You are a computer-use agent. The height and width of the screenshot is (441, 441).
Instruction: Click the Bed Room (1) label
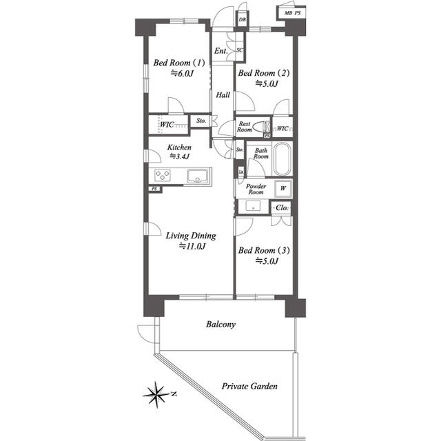pyautogui.click(x=179, y=63)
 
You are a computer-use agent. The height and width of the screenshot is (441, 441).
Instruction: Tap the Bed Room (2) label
pyautogui.click(x=263, y=73)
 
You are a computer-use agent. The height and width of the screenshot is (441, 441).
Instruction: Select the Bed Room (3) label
pyautogui.click(x=264, y=250)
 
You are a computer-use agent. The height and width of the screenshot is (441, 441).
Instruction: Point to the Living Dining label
pyautogui.click(x=191, y=236)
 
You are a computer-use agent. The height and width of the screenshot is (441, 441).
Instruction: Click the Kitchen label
pyautogui.click(x=179, y=147)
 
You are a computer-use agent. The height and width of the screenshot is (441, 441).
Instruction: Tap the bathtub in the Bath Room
pyautogui.click(x=282, y=159)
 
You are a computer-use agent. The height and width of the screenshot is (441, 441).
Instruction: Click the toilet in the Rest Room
pyautogui.click(x=261, y=127)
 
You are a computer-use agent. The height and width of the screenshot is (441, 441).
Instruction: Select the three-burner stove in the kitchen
pyautogui.click(x=163, y=175)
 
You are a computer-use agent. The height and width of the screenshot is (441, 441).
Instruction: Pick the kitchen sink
pyautogui.click(x=198, y=176)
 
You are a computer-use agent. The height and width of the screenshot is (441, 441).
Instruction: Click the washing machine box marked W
pyautogui.click(x=283, y=188)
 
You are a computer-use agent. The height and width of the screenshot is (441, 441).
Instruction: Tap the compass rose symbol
pyautogui.click(x=156, y=395)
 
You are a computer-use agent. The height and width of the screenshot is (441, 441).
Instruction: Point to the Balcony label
pyautogui.click(x=220, y=325)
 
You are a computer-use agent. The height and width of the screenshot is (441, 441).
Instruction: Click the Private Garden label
pyautogui.click(x=249, y=386)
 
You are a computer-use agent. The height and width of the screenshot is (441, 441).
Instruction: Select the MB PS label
pyautogui.click(x=292, y=13)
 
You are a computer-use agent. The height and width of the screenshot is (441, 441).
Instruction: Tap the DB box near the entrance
pyautogui.click(x=242, y=19)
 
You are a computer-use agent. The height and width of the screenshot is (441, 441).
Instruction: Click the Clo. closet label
pyautogui.click(x=282, y=208)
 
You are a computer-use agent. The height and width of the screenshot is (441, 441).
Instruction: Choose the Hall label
pyautogui.click(x=223, y=95)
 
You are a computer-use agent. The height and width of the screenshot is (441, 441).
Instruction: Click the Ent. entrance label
pyautogui.click(x=220, y=51)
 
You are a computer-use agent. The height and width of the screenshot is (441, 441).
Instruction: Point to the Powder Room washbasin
pyautogui.click(x=253, y=206)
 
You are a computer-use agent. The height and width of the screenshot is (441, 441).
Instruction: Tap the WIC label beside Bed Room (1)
pyautogui.click(x=167, y=124)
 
